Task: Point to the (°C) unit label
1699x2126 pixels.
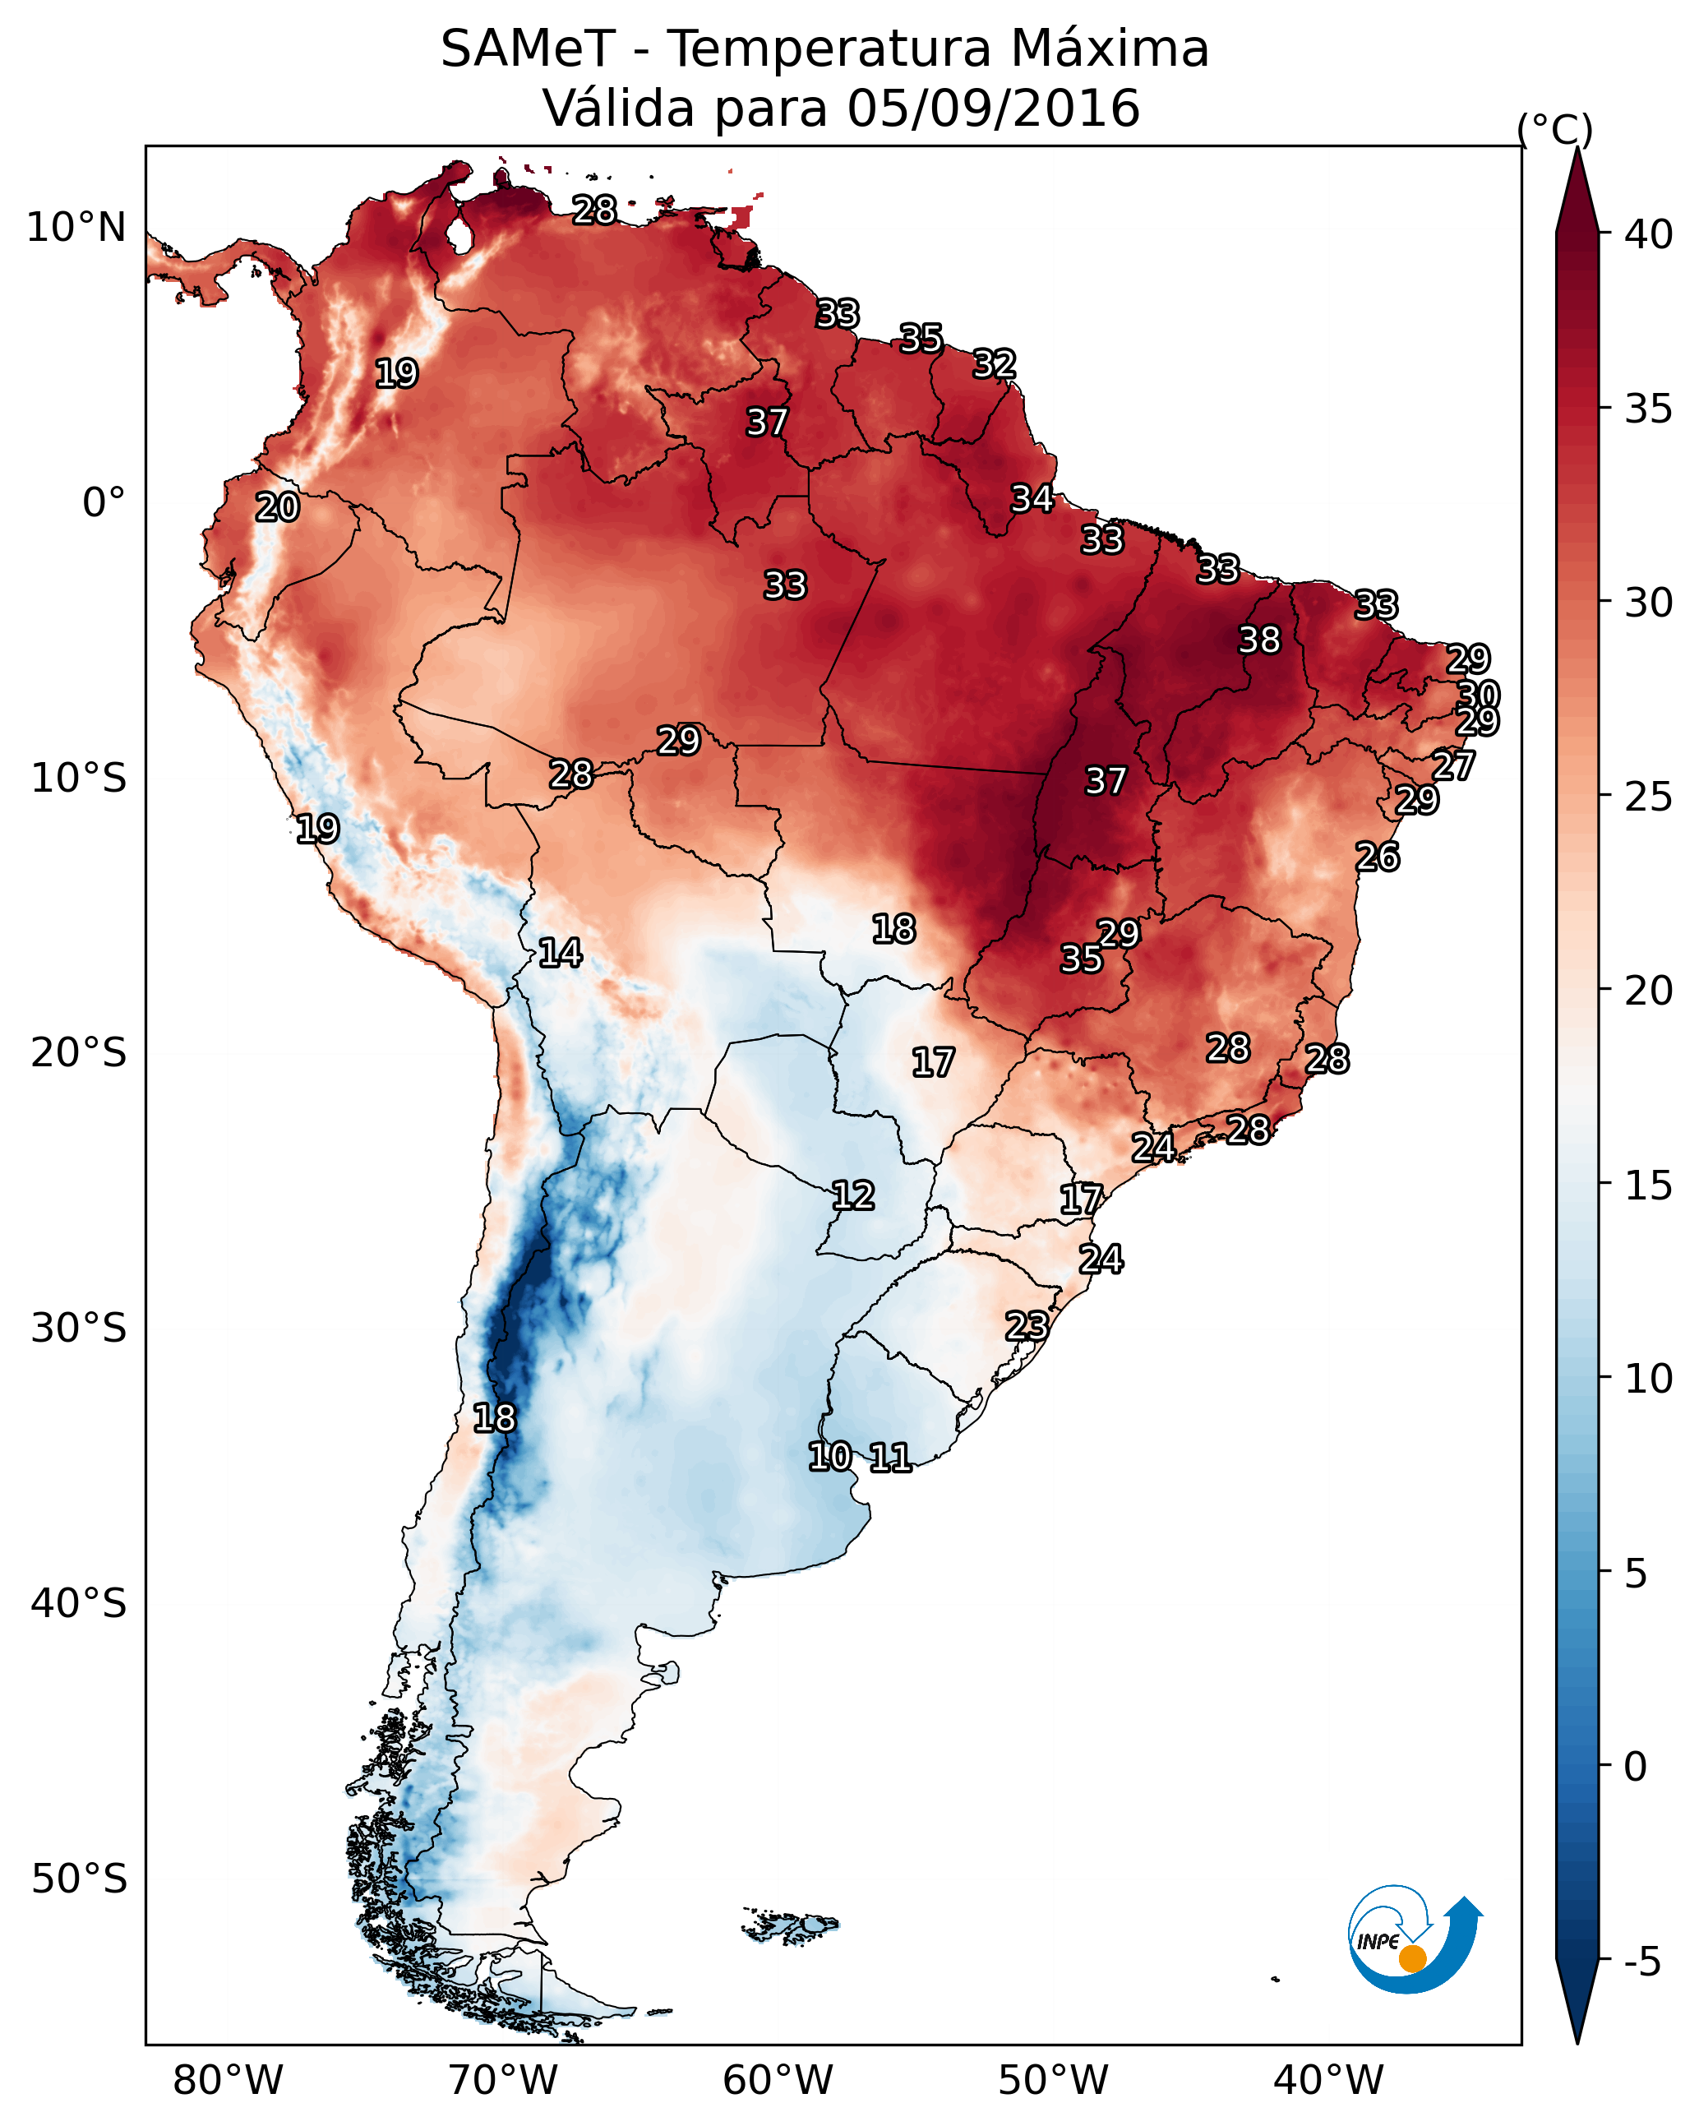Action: coord(1554,129)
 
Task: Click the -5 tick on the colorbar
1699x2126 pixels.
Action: coord(1641,1962)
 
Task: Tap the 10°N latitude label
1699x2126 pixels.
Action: coord(76,228)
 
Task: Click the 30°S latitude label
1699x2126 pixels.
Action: coord(79,1329)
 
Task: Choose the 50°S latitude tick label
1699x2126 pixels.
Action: coord(79,1879)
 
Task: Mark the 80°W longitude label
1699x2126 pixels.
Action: coord(228,2081)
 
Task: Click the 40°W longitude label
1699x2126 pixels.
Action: coord(1328,2081)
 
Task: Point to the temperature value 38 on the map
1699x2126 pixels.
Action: coord(1259,640)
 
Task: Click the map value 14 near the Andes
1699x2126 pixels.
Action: coord(559,953)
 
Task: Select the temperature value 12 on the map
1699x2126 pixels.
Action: coord(852,1196)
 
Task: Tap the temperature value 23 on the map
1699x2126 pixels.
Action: coord(1027,1325)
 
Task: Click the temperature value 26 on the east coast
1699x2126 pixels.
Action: coord(1377,857)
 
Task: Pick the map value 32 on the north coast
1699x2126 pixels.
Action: coord(994,364)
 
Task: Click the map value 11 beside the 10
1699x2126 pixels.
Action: coord(889,1458)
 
